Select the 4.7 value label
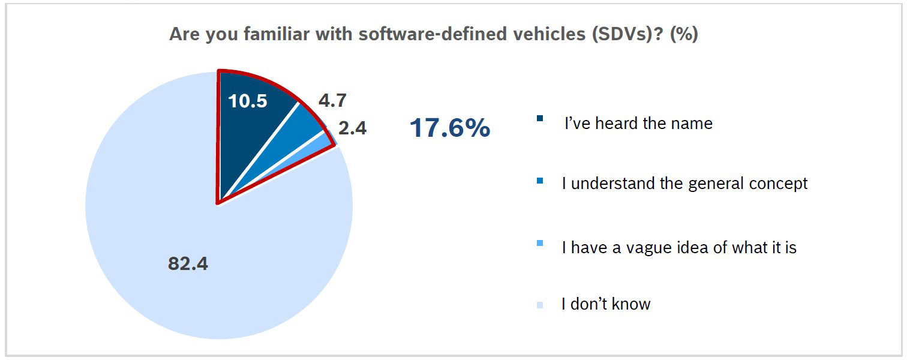pos(332,100)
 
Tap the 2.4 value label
pos(352,128)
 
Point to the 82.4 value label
pos(188,263)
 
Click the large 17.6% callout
pos(450,128)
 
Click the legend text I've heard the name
pos(638,124)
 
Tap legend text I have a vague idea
pos(679,247)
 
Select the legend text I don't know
pos(606,304)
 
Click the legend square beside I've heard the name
pos(540,118)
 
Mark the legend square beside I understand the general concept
pos(540,180)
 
